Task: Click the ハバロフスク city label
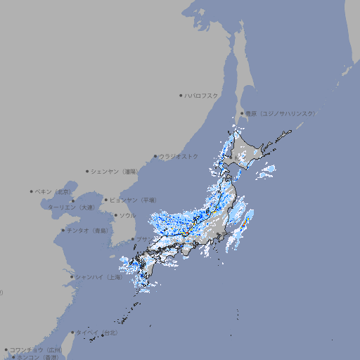click(x=201, y=95)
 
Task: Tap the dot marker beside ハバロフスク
click(x=181, y=95)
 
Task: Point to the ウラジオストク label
click(x=179, y=156)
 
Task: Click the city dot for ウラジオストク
click(x=155, y=156)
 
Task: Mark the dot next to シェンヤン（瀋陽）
click(x=88, y=171)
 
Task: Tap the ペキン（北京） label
click(x=55, y=191)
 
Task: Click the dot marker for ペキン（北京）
click(x=32, y=191)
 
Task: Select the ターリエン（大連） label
click(x=71, y=207)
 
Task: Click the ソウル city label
click(x=127, y=215)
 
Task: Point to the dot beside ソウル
click(x=115, y=215)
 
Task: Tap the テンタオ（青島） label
click(x=88, y=230)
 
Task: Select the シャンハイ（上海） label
click(x=98, y=277)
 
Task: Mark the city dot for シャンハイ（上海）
click(x=72, y=277)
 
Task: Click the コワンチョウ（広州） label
click(x=36, y=349)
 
